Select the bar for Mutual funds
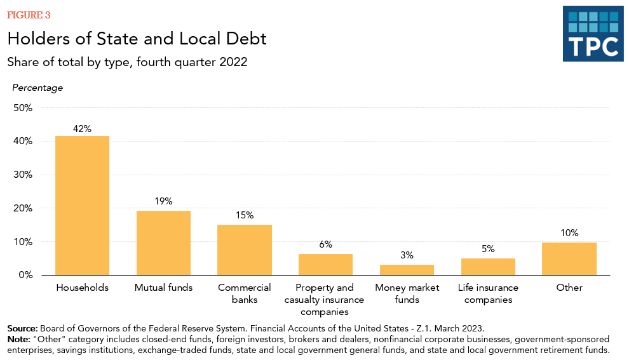coord(163,243)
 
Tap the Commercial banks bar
coord(245,250)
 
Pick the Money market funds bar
coord(407,270)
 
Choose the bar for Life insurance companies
coord(488,267)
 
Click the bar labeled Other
coord(569,258)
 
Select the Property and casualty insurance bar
coord(325,264)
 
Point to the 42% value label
coord(82,128)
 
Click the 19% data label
coord(163,201)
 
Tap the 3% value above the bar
coord(407,255)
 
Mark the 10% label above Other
coord(569,233)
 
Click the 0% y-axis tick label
coord(25,275)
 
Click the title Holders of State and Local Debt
coord(137,39)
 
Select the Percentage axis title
coord(37,88)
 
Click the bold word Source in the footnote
coord(22,328)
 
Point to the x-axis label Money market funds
coord(407,293)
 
